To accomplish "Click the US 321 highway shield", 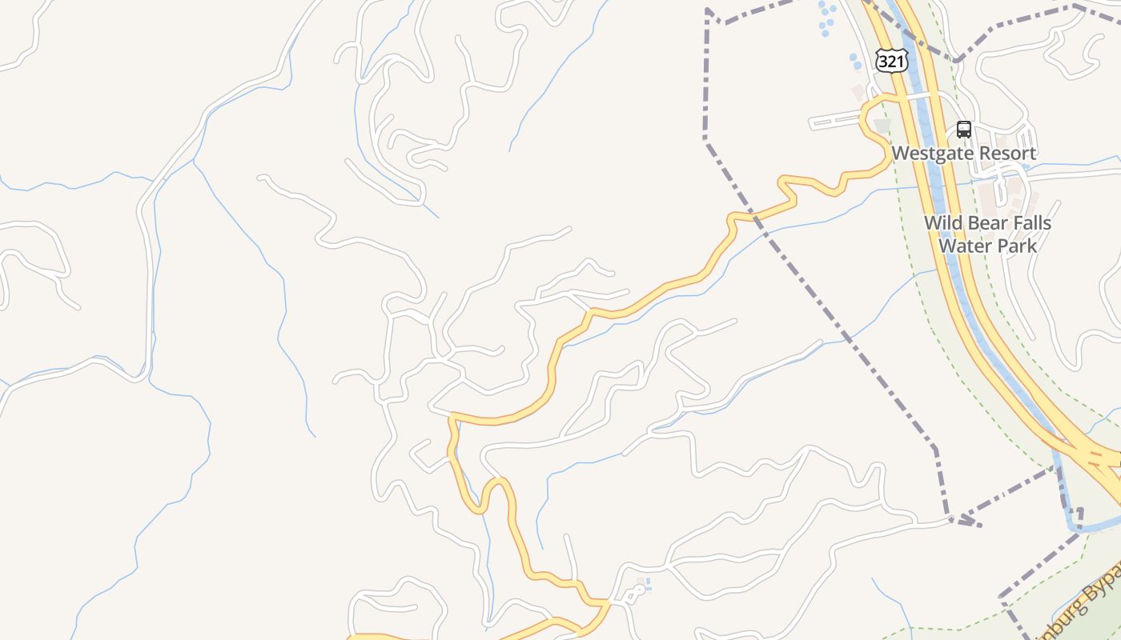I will pos(890,61).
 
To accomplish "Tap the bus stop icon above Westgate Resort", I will pos(964,130).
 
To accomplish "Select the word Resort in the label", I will pos(1010,153).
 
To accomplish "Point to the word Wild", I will pos(943,222).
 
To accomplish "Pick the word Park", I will pos(1015,246).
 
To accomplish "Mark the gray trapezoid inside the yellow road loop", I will pos(882,126).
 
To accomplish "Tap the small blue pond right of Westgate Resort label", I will pos(1027,166).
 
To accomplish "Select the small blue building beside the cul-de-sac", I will pos(647,582).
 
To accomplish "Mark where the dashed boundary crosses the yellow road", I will pos(753,214).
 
